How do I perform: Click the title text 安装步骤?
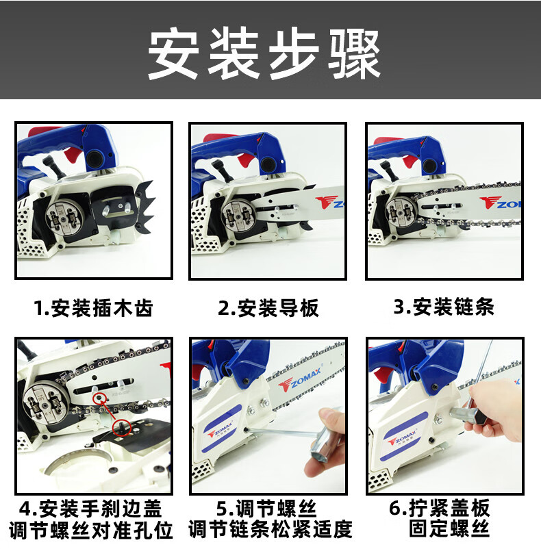click(264, 53)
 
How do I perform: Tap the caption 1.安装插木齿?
click(94, 308)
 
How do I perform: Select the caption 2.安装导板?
click(268, 308)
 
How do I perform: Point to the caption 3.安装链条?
click(444, 307)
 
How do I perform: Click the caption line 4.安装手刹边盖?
click(90, 509)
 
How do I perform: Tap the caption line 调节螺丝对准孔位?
click(91, 530)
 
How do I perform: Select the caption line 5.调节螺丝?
click(266, 509)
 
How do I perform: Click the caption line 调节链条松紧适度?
click(270, 529)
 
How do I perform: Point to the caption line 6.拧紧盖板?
click(440, 508)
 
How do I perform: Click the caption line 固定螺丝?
click(449, 528)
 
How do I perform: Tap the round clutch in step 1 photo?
click(66, 217)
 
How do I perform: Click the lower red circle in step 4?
click(121, 427)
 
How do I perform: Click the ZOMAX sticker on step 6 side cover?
click(403, 435)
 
